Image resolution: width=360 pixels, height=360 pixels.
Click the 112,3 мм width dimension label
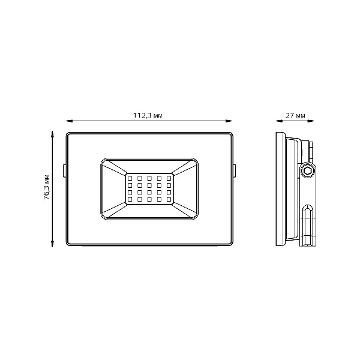148,115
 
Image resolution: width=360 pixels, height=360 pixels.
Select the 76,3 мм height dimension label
47,187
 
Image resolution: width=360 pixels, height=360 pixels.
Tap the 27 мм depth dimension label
295,115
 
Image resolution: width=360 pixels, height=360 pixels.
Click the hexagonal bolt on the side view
307,171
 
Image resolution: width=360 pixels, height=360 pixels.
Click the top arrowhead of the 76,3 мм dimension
52,134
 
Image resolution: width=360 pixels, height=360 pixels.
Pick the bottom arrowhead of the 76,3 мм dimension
52,244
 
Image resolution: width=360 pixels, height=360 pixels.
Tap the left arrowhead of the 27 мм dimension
279,121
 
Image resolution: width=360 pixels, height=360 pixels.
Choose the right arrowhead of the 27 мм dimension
310,121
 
